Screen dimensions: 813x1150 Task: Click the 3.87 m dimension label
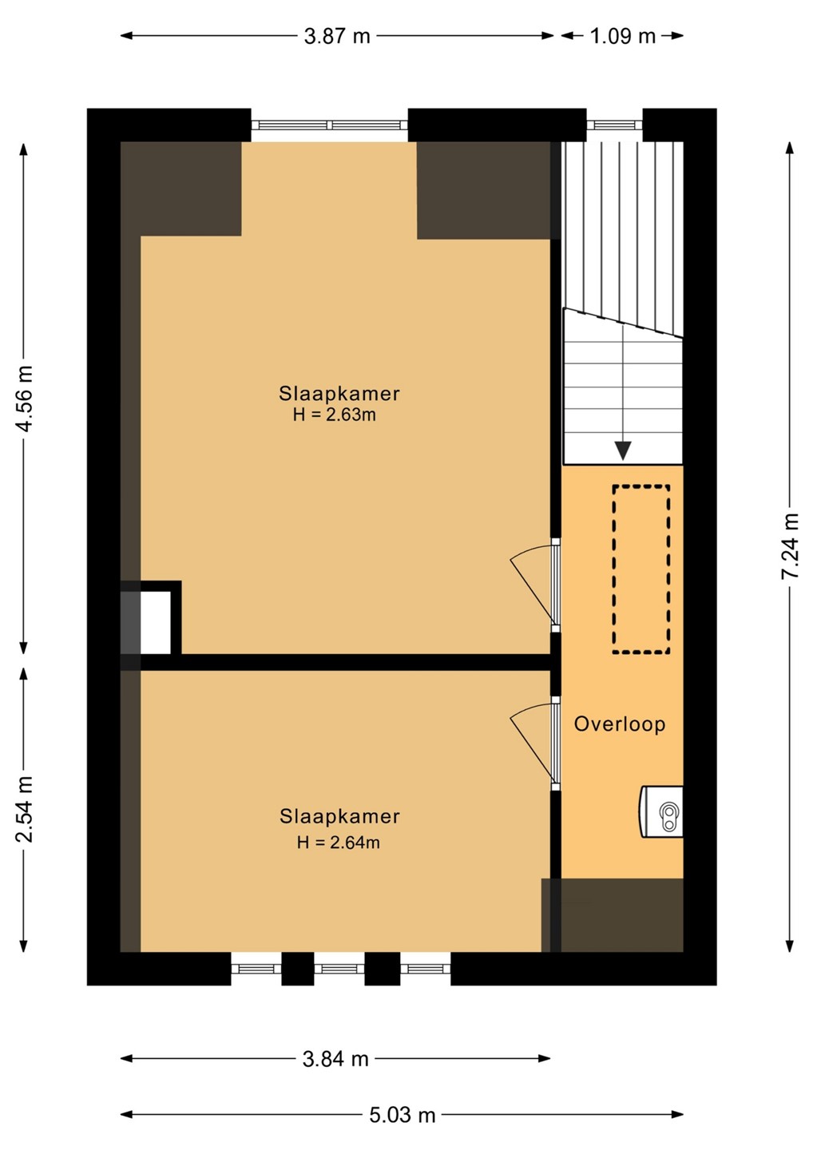click(337, 36)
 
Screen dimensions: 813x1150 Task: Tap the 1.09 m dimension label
click(623, 36)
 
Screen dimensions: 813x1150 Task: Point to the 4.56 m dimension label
click(25, 399)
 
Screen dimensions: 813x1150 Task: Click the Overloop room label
click(620, 724)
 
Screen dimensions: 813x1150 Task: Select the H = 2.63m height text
click(335, 414)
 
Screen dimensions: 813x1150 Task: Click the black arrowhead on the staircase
click(623, 450)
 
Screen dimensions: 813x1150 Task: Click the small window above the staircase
click(614, 125)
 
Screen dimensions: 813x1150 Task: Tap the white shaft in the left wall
click(156, 622)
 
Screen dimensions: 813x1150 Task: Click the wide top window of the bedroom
click(330, 125)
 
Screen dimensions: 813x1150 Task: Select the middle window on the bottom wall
click(339, 969)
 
